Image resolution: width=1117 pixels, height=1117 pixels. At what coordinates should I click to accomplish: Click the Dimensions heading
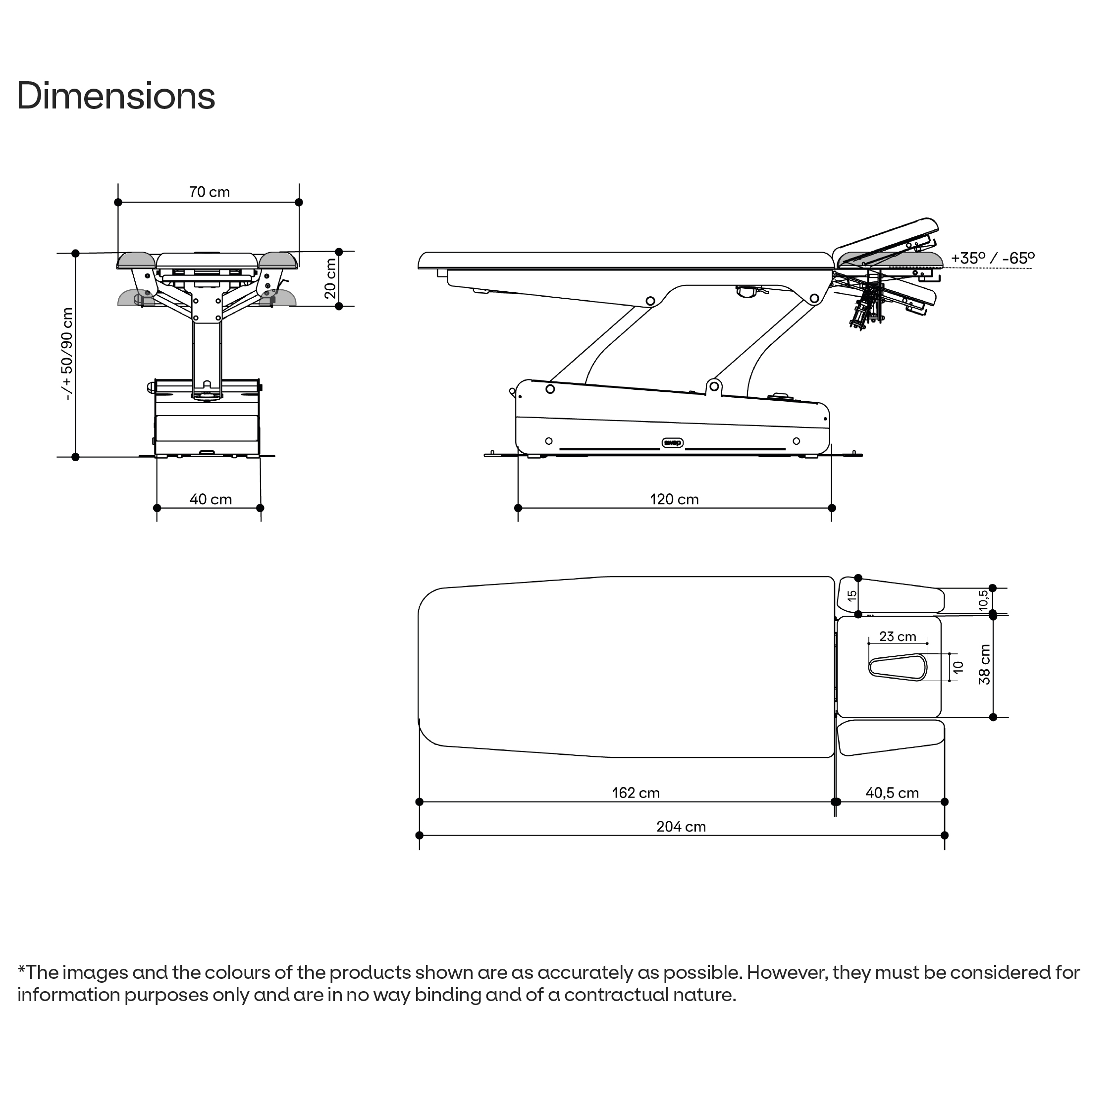[115, 96]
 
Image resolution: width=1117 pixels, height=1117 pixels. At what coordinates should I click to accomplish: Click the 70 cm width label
[210, 192]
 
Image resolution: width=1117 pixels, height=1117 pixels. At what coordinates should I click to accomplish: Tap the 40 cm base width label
[211, 499]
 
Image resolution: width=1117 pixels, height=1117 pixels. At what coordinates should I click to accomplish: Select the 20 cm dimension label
[330, 279]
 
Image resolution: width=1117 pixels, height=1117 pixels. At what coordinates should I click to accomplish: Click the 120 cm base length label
[674, 499]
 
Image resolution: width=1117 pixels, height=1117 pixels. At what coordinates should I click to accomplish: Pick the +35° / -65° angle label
[993, 258]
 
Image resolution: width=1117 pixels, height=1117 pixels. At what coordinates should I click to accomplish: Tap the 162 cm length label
[636, 793]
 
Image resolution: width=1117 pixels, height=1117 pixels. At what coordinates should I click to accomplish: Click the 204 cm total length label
[681, 827]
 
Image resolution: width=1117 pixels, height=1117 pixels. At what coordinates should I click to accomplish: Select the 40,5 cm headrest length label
[892, 793]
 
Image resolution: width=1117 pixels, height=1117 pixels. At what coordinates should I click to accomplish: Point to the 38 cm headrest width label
[984, 665]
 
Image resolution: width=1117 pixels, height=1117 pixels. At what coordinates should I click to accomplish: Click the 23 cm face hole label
[897, 637]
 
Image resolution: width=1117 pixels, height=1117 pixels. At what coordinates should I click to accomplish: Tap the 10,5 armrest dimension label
[983, 601]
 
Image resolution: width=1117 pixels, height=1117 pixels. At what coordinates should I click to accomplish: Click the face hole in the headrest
[897, 667]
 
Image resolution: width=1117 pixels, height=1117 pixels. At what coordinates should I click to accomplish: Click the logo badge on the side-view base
[672, 443]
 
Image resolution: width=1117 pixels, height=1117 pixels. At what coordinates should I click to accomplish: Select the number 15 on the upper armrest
[851, 595]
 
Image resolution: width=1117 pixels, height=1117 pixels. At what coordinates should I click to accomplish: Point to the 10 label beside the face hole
[958, 667]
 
